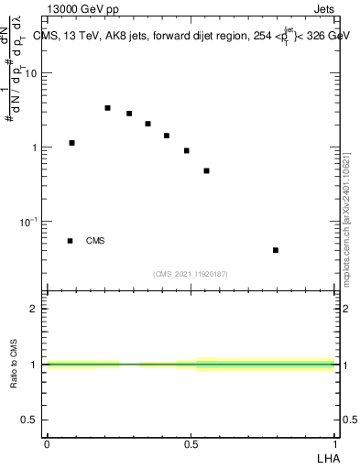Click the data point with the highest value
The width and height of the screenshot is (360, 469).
pyautogui.click(x=107, y=108)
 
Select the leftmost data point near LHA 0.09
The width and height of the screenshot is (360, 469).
pyautogui.click(x=71, y=143)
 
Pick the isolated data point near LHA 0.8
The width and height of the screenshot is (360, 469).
pyautogui.click(x=275, y=250)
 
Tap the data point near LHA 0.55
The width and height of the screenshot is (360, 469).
pyautogui.click(x=207, y=170)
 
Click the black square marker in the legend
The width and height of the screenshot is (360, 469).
pyautogui.click(x=70, y=241)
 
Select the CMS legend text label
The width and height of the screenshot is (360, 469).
pyautogui.click(x=95, y=241)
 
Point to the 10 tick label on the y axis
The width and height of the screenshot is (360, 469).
pyautogui.click(x=31, y=73)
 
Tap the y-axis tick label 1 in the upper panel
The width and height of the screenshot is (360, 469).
pyautogui.click(x=35, y=147)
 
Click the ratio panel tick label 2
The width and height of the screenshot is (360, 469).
pyautogui.click(x=35, y=309)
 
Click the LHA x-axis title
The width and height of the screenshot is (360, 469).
pyautogui.click(x=327, y=458)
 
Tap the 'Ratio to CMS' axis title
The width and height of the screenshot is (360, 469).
pyautogui.click(x=15, y=365)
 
